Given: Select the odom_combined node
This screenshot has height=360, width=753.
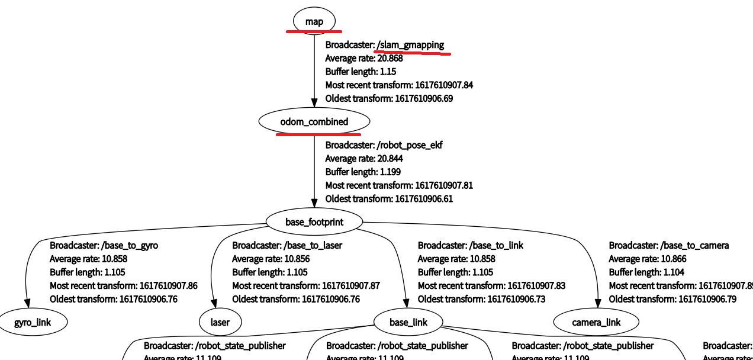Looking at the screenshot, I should coord(314,122).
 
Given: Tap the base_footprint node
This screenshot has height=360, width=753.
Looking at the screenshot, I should coord(314,222).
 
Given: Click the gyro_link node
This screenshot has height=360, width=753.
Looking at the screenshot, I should coord(33,323).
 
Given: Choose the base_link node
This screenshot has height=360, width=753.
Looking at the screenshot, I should coord(408,323).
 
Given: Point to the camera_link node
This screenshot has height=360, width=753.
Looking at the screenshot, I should coord(596,323).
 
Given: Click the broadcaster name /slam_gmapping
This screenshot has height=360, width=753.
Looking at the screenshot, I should coord(410,45).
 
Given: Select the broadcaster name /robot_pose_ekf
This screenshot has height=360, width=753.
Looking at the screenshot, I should coord(409,145).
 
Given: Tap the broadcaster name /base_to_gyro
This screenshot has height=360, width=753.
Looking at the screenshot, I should coord(130,245).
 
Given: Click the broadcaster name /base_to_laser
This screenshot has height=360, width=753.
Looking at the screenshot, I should coord(313,245).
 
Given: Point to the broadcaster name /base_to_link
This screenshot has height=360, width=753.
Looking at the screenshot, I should coord(496,245).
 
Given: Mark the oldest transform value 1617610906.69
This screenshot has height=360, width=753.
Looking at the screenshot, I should coord(424,98).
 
